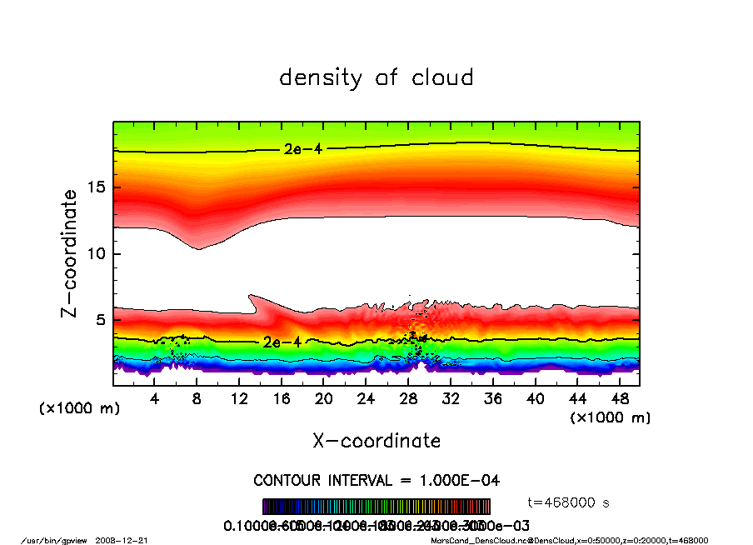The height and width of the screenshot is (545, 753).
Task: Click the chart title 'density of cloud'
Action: pyautogui.click(x=376, y=78)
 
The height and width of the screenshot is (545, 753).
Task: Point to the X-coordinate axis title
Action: pyautogui.click(x=376, y=441)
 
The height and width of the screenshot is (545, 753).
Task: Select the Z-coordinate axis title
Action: pyautogui.click(x=70, y=253)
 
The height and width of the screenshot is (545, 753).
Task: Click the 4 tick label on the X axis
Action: pyautogui.click(x=155, y=399)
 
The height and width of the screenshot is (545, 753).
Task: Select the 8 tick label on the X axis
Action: pyautogui.click(x=197, y=399)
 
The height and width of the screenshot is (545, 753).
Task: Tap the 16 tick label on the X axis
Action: pyautogui.click(x=282, y=399)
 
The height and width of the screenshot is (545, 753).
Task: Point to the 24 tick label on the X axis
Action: pyautogui.click(x=367, y=399)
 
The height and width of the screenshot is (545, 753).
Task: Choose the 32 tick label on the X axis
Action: pyautogui.click(x=451, y=399)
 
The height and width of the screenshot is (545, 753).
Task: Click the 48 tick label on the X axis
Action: pyautogui.click(x=620, y=399)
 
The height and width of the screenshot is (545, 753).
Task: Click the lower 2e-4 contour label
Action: pyautogui.click(x=282, y=342)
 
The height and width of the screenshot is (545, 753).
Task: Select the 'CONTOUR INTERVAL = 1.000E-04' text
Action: pyautogui.click(x=376, y=481)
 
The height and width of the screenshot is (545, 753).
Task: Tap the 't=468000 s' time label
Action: pyautogui.click(x=570, y=502)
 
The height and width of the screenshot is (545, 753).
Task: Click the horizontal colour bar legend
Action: pyautogui.click(x=376, y=507)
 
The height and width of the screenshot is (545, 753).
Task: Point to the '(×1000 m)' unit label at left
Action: pyautogui.click(x=79, y=409)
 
